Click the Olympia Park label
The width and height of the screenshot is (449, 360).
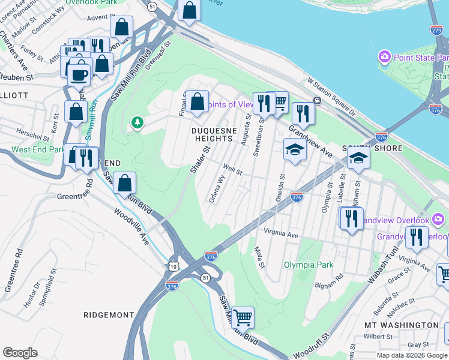(309, 264)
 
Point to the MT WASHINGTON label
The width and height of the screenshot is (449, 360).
(402, 325)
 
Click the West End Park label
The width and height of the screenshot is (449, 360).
(37, 149)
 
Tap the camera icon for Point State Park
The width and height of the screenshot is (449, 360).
(384, 57)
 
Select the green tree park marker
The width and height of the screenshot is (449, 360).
(138, 123)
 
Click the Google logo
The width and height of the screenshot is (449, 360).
(20, 352)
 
